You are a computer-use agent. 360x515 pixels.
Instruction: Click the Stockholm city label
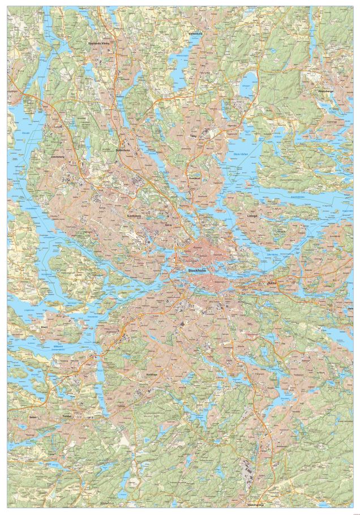[198, 270]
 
